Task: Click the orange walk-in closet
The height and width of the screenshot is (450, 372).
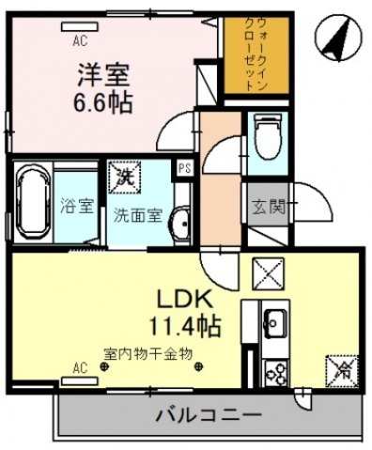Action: (x=256, y=55)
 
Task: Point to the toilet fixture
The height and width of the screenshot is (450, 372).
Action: (x=268, y=137)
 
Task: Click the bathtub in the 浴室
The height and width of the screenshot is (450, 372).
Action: (x=33, y=202)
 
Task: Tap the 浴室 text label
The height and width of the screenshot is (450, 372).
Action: (x=77, y=207)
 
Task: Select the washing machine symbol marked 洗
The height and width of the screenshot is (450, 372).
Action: (x=124, y=177)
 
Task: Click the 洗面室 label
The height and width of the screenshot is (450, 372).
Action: (x=137, y=215)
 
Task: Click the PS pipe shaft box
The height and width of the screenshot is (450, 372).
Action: (x=184, y=169)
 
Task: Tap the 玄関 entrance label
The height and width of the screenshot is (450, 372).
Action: (x=269, y=207)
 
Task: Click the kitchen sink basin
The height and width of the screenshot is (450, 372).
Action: (x=274, y=324)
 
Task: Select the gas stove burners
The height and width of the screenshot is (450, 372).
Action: (x=277, y=373)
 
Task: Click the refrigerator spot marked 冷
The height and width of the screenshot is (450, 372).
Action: (x=342, y=371)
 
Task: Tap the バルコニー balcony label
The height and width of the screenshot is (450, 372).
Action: (x=209, y=415)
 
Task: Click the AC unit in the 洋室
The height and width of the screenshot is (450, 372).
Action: (x=80, y=27)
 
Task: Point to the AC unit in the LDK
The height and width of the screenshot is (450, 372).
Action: (x=80, y=381)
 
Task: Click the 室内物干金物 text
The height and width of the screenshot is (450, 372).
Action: (x=147, y=354)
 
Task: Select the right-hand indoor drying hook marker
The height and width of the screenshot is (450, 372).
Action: (x=198, y=366)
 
